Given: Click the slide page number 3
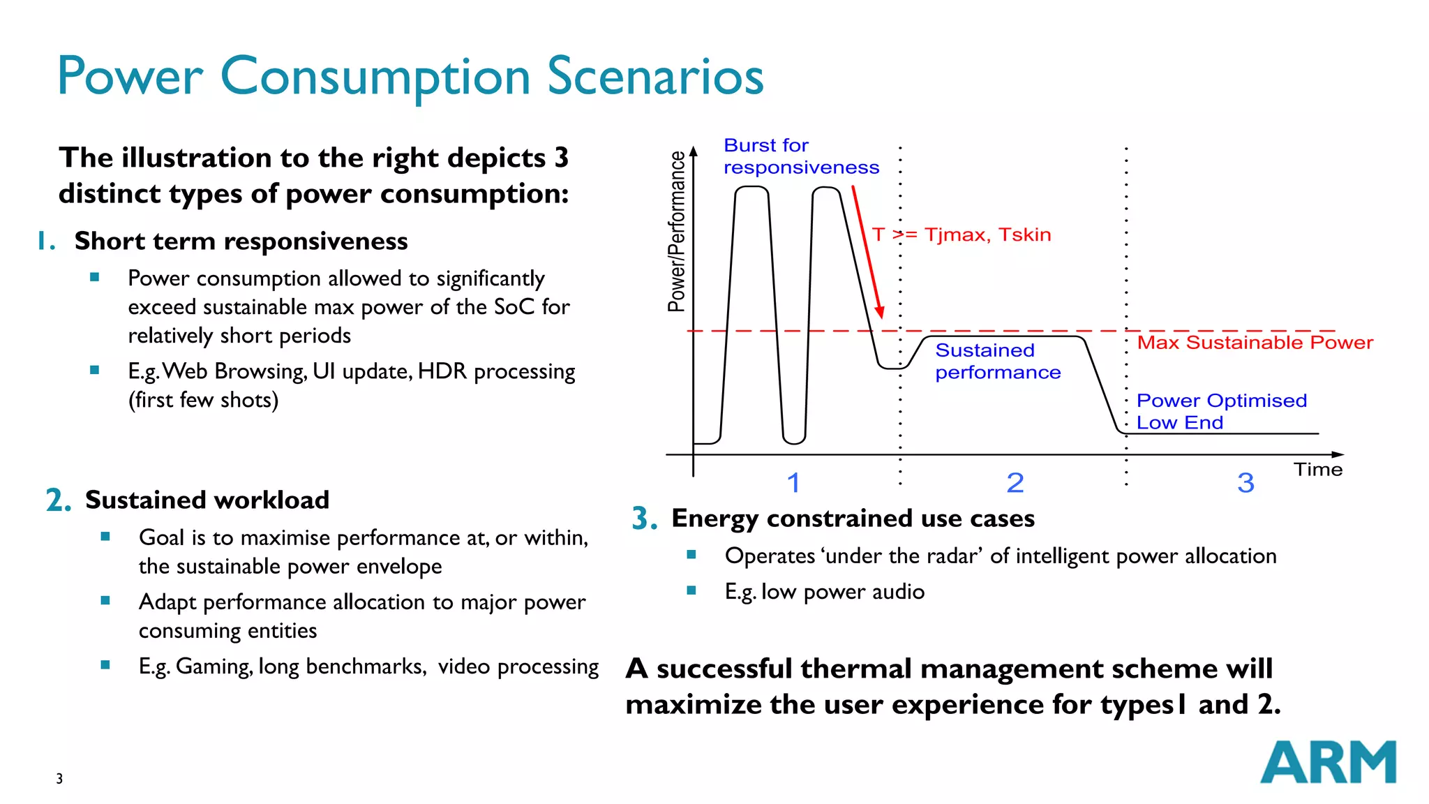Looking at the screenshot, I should point(59,779).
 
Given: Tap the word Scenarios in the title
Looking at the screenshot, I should point(655,76).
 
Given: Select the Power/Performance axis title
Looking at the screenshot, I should point(677,231).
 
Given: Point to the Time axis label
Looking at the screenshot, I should point(1317,470).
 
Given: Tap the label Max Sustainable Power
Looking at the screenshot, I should point(1255,343).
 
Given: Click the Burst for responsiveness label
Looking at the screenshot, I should point(800,156).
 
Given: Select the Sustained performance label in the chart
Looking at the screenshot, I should point(997,362).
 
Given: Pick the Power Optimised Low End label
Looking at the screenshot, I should point(1221,411).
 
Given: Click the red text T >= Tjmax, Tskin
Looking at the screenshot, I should point(961,234).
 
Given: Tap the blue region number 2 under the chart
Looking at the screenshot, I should point(1015,483).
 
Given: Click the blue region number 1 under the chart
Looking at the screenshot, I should point(793,483).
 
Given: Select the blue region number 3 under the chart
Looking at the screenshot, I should point(1245,483).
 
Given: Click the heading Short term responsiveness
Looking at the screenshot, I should point(241,241).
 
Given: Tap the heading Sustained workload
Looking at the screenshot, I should point(207,500).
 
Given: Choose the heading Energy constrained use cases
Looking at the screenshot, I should point(853,518).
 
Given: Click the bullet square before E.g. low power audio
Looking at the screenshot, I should point(691,590).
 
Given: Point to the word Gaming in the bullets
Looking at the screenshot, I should point(213,667).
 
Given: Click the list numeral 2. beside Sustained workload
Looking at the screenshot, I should point(59,500).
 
